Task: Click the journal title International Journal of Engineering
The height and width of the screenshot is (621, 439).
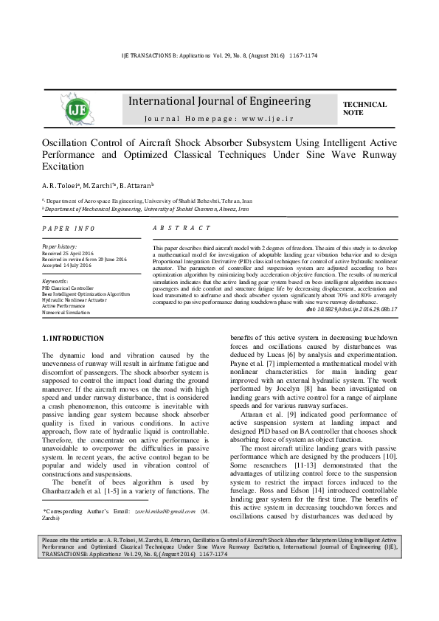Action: (220, 101)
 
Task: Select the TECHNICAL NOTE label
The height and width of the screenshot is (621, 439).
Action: (364, 108)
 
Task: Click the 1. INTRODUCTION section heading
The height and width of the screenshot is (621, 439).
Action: (73, 338)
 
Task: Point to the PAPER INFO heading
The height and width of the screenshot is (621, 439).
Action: (69, 229)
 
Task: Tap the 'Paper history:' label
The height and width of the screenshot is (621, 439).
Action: (60, 247)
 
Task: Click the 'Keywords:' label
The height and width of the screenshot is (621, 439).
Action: (55, 281)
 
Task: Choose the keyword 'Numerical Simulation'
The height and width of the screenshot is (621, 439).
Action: (66, 313)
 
